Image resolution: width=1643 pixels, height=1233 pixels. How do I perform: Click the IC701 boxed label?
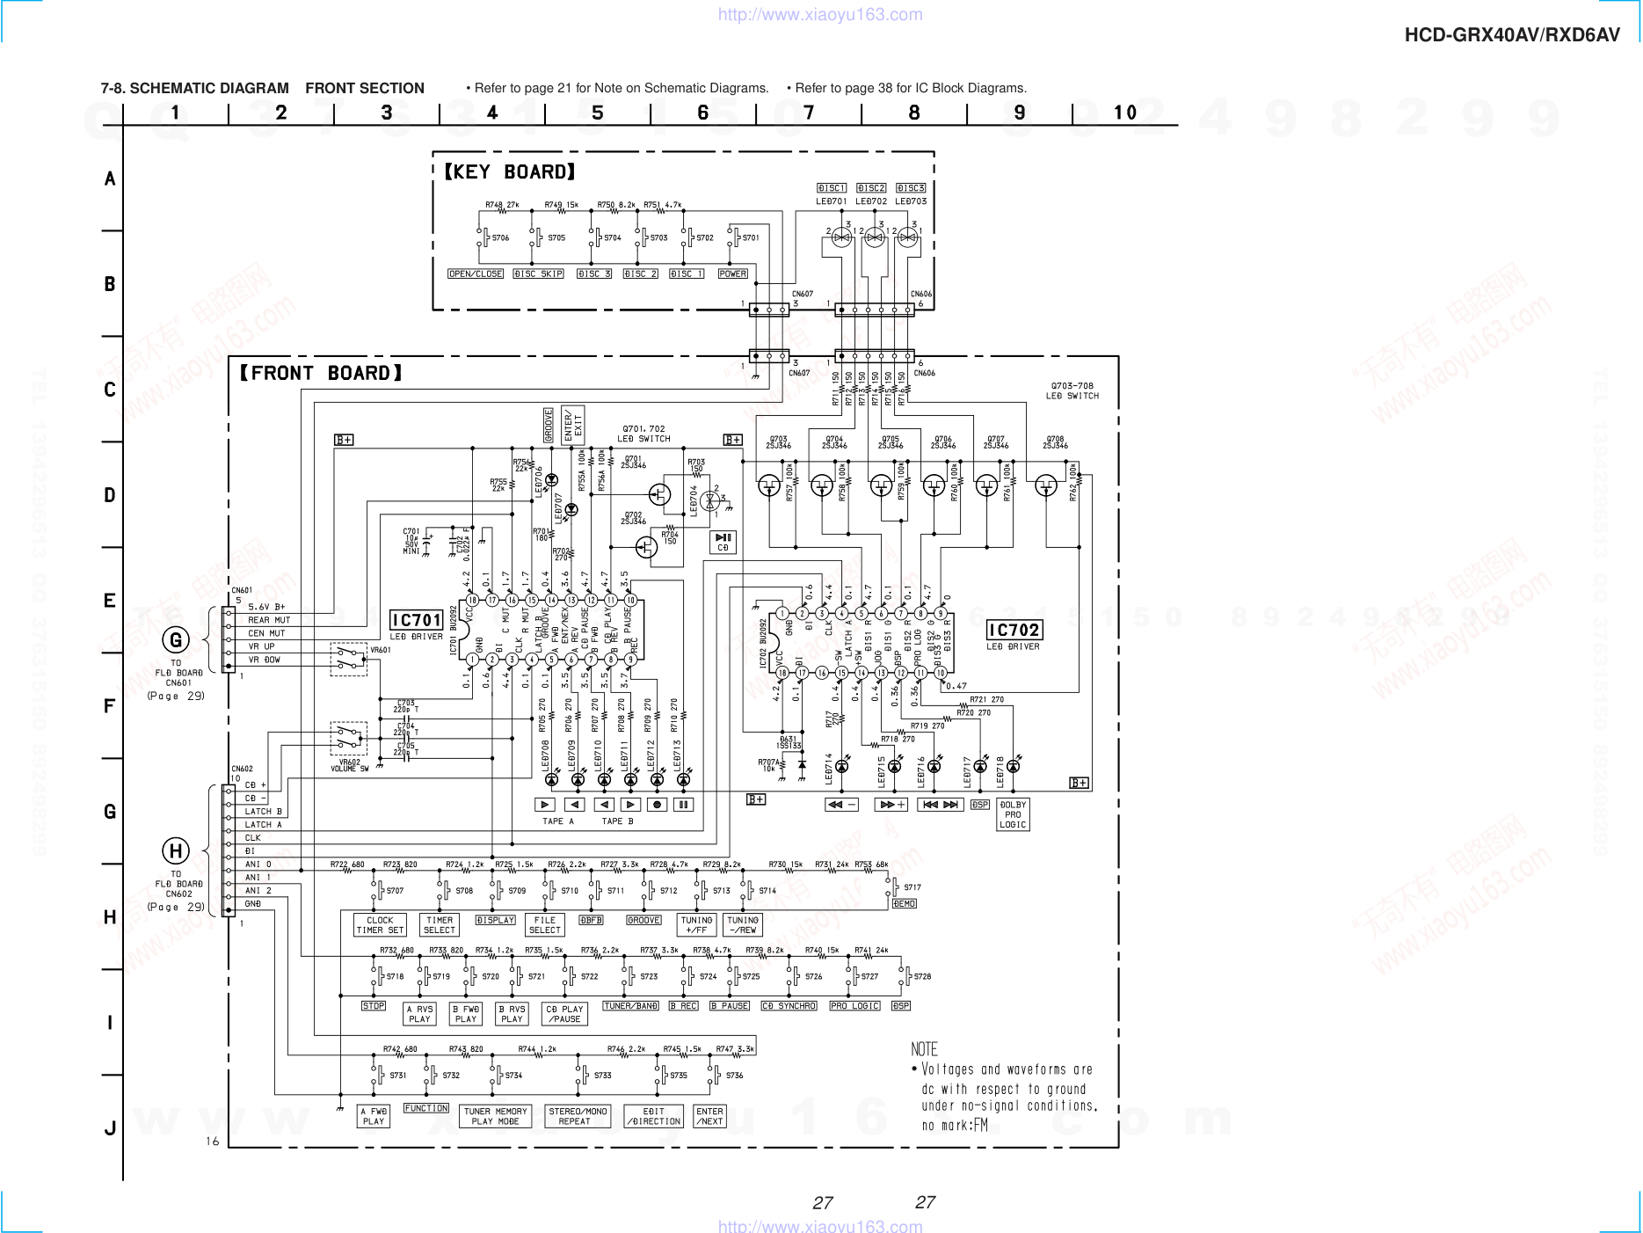416,620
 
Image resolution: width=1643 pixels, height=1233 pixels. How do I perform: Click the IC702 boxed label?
1014,630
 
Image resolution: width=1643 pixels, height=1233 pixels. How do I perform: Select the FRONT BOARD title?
321,373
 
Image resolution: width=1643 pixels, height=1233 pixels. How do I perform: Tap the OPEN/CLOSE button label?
476,274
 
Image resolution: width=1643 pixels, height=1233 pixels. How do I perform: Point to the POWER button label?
732,274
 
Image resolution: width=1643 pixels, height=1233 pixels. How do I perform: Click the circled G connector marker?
176,640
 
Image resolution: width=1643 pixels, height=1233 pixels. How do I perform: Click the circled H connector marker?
176,850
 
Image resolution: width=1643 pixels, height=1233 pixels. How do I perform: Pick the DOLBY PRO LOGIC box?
1013,814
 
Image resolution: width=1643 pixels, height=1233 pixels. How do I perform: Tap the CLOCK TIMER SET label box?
380,924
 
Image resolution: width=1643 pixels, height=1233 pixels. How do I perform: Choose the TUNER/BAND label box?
630,1005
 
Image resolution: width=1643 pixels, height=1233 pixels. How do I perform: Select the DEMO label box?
905,903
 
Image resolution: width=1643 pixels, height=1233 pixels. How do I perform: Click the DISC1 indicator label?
832,188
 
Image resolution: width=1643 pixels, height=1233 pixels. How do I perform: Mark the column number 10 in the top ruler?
1124,113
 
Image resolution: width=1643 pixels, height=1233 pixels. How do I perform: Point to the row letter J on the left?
110,1128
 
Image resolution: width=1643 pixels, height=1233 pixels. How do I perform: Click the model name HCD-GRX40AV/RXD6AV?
1512,35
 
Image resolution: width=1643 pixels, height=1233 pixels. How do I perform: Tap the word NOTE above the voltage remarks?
924,1049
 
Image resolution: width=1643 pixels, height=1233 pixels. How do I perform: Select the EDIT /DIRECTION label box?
654,1116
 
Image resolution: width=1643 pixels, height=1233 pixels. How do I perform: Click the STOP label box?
374,1005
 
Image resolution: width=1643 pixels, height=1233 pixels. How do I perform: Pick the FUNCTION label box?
426,1108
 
